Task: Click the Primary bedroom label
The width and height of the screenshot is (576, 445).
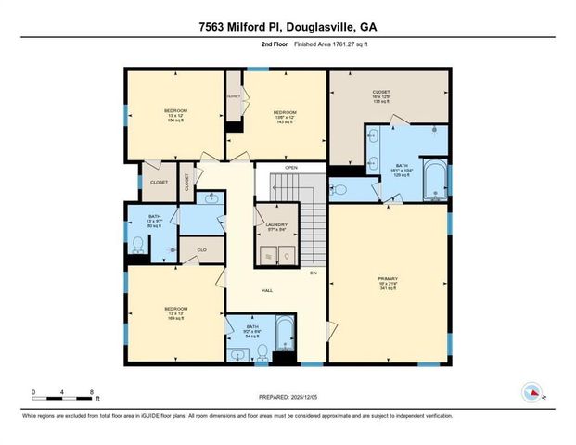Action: [388, 281]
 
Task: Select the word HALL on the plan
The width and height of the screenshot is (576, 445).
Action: [267, 291]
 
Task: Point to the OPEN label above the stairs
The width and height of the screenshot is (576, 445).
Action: [290, 168]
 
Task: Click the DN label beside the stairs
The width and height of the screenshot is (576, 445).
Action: [314, 273]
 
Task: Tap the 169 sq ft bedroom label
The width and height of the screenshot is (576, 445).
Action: [176, 312]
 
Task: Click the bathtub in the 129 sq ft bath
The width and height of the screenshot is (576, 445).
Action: [434, 181]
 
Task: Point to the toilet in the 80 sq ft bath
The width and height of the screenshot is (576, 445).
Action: [137, 245]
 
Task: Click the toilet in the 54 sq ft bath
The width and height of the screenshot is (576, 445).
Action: [262, 350]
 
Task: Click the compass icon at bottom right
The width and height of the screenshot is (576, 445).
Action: [531, 391]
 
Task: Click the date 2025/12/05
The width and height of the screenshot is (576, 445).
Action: [314, 397]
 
